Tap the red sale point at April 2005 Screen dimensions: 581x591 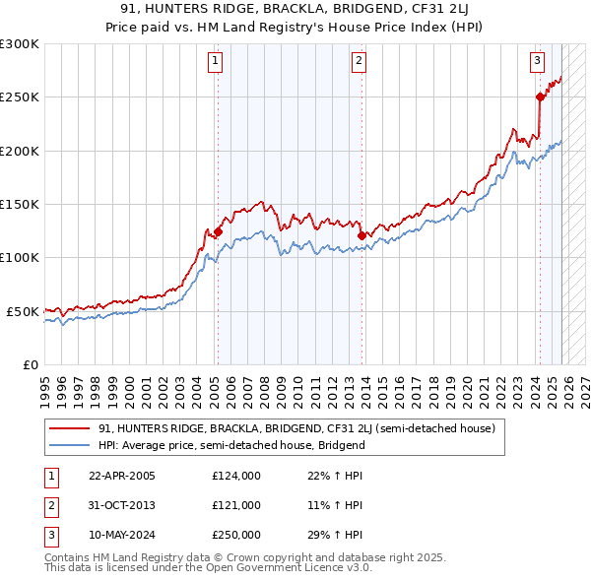[218, 232]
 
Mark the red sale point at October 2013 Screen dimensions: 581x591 [361, 235]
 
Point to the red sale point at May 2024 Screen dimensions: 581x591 [540, 97]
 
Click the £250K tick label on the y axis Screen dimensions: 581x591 [19, 97]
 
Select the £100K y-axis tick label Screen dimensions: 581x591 [19, 257]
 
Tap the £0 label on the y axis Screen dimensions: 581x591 [28, 364]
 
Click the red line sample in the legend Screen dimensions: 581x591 [71, 428]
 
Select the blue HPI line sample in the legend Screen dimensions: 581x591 [71, 445]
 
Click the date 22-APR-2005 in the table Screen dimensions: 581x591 [122, 476]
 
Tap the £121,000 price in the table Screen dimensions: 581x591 [235, 505]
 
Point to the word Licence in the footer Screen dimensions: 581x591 [295, 569]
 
